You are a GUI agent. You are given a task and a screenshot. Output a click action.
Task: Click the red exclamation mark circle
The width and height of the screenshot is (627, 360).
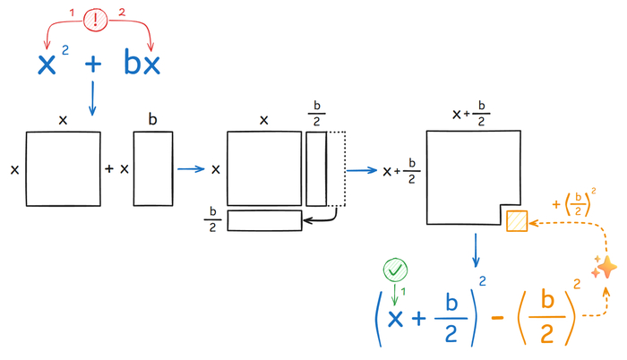point(96,19)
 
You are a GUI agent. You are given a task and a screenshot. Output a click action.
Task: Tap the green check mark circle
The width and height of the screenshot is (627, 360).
point(396,270)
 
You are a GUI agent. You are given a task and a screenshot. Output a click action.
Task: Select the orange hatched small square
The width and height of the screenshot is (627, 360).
point(517,221)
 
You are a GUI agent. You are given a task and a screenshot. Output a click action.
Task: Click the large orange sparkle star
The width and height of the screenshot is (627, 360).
point(607,267)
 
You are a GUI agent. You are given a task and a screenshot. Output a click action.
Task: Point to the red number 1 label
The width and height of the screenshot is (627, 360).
point(72,13)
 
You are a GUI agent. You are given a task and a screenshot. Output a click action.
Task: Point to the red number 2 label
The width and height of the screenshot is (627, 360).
point(122,13)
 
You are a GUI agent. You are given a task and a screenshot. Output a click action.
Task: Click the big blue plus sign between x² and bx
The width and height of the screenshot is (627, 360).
point(93,64)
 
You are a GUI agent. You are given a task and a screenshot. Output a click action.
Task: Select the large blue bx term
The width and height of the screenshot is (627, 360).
point(142,62)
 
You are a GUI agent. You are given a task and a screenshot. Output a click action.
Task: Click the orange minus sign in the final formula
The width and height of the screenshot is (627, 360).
point(497,318)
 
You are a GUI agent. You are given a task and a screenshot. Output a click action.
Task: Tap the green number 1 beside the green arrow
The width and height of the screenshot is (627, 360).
point(403,292)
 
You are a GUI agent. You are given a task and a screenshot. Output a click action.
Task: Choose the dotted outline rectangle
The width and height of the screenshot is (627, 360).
point(336,168)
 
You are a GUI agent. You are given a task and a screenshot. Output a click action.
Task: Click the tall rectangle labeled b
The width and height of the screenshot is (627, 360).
point(153,168)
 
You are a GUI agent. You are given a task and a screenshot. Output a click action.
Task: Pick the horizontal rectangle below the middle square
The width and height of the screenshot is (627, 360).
point(265,220)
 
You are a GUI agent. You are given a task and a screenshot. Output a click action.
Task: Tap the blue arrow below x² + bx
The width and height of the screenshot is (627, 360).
point(92,99)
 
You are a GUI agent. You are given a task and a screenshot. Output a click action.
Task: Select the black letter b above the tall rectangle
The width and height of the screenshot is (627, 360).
point(152,119)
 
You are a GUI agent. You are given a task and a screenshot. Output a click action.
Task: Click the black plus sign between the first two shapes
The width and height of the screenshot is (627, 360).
point(108,168)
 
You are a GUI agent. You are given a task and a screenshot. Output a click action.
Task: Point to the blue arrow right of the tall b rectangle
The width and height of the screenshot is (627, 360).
point(191,169)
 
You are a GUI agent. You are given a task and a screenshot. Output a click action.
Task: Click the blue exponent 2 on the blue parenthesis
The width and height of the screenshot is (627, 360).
point(482,281)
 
